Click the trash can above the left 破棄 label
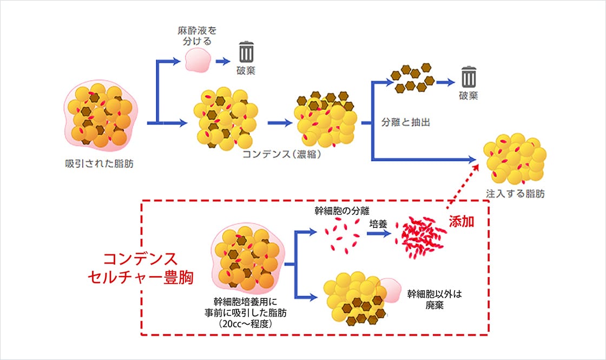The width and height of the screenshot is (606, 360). pos(246,52)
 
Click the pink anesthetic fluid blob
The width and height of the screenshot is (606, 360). pos(197,60)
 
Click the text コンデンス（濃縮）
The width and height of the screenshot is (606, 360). pos(282,154)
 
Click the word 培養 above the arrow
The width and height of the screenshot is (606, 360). pos(378,223)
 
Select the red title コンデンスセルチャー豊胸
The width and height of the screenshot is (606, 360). pos(141,267)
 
